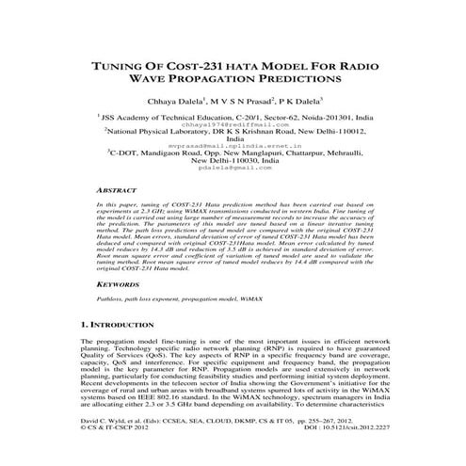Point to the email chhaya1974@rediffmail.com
click(234, 123)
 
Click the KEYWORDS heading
click(120, 282)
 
